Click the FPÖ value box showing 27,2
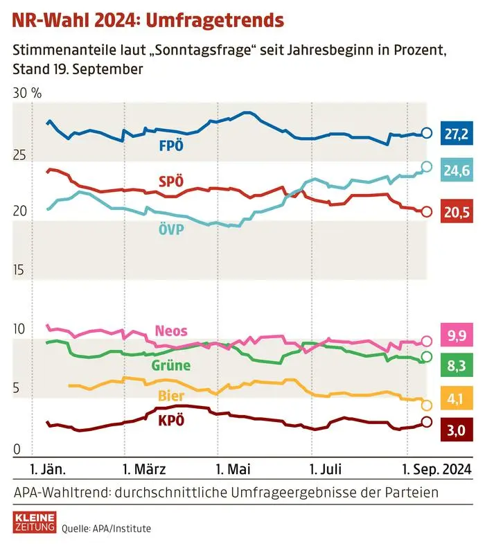(x=455, y=134)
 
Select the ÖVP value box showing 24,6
(x=455, y=170)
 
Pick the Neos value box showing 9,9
(x=455, y=337)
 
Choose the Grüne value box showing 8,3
(x=455, y=360)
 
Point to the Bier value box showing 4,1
(x=455, y=398)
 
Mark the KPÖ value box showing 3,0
(x=455, y=431)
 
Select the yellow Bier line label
(x=171, y=396)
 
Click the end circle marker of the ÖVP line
(x=427, y=166)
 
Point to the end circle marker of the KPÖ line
(x=427, y=422)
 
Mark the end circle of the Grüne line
(x=427, y=357)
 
